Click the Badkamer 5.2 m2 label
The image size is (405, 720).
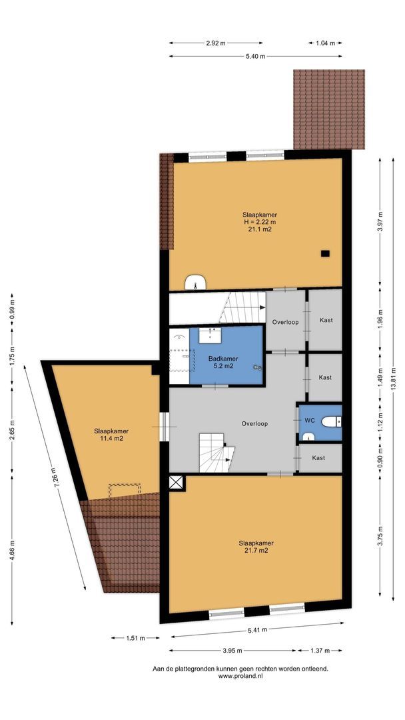[x=219, y=361]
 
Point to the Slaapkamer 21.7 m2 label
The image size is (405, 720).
[x=256, y=547]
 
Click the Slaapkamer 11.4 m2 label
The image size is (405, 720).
[x=111, y=435]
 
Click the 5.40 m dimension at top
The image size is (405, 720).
[x=256, y=57]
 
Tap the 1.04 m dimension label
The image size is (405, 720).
[x=324, y=43]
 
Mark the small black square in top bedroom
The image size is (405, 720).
[x=325, y=253]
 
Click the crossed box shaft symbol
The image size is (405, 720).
[x=176, y=483]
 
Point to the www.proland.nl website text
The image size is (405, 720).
[x=240, y=676]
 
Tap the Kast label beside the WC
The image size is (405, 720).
[x=318, y=458]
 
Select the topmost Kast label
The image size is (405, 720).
[x=325, y=320]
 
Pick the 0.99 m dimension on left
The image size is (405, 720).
[x=11, y=311]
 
